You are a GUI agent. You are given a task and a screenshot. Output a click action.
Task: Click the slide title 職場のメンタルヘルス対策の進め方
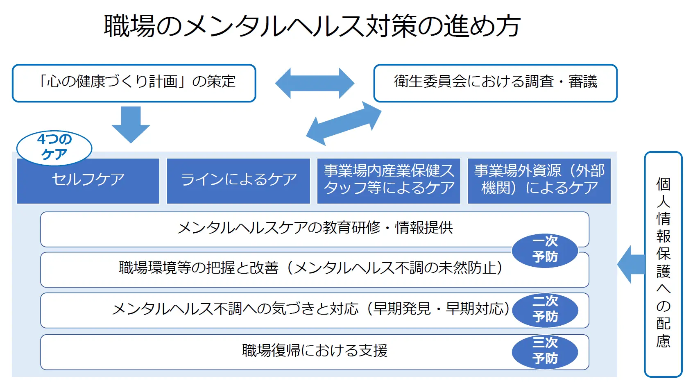313,26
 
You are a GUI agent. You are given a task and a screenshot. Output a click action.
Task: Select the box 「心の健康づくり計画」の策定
134,83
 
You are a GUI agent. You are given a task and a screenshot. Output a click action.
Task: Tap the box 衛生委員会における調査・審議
495,83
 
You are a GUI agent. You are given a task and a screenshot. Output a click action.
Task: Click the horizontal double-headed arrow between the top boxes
315,83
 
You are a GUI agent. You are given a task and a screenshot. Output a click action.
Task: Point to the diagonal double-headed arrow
344,123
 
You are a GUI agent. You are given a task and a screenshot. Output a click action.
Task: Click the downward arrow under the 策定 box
131,125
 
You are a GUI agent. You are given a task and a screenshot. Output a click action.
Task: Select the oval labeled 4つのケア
54,147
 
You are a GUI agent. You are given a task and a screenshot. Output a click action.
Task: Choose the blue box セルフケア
88,181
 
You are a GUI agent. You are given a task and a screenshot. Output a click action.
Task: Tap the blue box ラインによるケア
238,181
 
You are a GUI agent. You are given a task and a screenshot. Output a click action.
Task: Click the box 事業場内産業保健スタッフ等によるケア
389,181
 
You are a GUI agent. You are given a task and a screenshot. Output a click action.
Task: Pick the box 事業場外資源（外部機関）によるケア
539,181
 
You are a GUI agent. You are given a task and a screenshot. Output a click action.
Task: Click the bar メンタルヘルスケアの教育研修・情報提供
315,229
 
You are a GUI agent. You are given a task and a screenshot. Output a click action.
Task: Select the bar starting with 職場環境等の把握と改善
315,270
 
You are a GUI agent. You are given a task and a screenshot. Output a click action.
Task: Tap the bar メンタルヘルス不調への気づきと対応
315,311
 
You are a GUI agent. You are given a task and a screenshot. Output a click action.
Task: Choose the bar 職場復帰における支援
315,352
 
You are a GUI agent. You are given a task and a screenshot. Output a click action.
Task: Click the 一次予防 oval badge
545,250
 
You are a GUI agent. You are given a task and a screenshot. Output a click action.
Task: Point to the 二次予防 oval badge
545,310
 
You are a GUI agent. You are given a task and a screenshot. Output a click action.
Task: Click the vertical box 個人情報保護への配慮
663,264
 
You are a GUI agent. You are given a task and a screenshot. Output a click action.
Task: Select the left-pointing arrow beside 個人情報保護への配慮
631,264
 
